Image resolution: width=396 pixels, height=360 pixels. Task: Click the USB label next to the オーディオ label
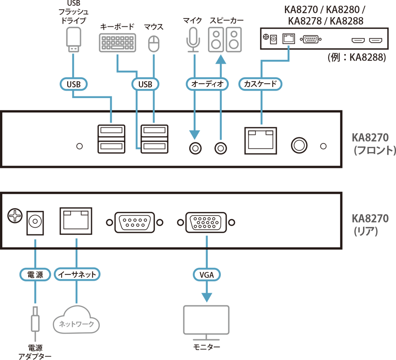[145, 84]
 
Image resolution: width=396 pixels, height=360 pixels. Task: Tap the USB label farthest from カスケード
[73, 84]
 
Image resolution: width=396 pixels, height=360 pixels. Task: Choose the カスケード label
[260, 84]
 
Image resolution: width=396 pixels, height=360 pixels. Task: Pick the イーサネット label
[77, 275]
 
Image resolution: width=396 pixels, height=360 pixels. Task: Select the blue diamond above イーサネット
[77, 242]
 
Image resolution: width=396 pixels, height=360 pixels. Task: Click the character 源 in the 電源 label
[41, 275]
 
